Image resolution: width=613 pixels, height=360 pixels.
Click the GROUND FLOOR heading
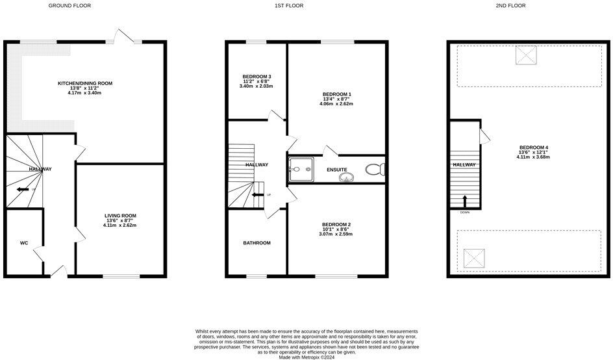(x=70, y=5)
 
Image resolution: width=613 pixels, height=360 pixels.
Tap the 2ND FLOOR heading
(x=512, y=5)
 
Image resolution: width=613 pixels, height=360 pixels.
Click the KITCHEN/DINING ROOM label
(x=85, y=83)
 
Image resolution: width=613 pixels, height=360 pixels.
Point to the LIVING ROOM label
(x=121, y=216)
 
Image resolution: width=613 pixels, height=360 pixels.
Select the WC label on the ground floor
(x=24, y=243)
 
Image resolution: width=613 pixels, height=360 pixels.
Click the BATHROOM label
(x=256, y=243)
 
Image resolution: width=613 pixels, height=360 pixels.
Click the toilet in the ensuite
(x=374, y=170)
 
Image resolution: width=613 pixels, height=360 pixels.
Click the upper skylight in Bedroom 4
(x=526, y=55)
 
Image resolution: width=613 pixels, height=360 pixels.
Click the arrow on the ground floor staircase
(x=23, y=190)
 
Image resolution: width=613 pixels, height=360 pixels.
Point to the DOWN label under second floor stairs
(x=464, y=212)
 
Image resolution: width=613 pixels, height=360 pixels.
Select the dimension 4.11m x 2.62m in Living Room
(x=121, y=226)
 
